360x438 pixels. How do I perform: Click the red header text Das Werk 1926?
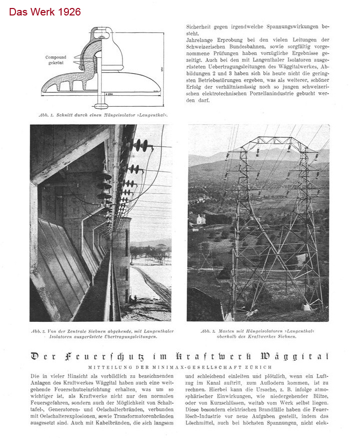coord(44,11)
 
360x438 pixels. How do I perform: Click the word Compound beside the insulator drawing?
coord(55,57)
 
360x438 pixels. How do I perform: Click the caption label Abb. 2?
coord(39,331)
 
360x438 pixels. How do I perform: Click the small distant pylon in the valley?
coord(204,254)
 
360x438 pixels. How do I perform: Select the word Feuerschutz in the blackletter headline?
coord(97,356)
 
